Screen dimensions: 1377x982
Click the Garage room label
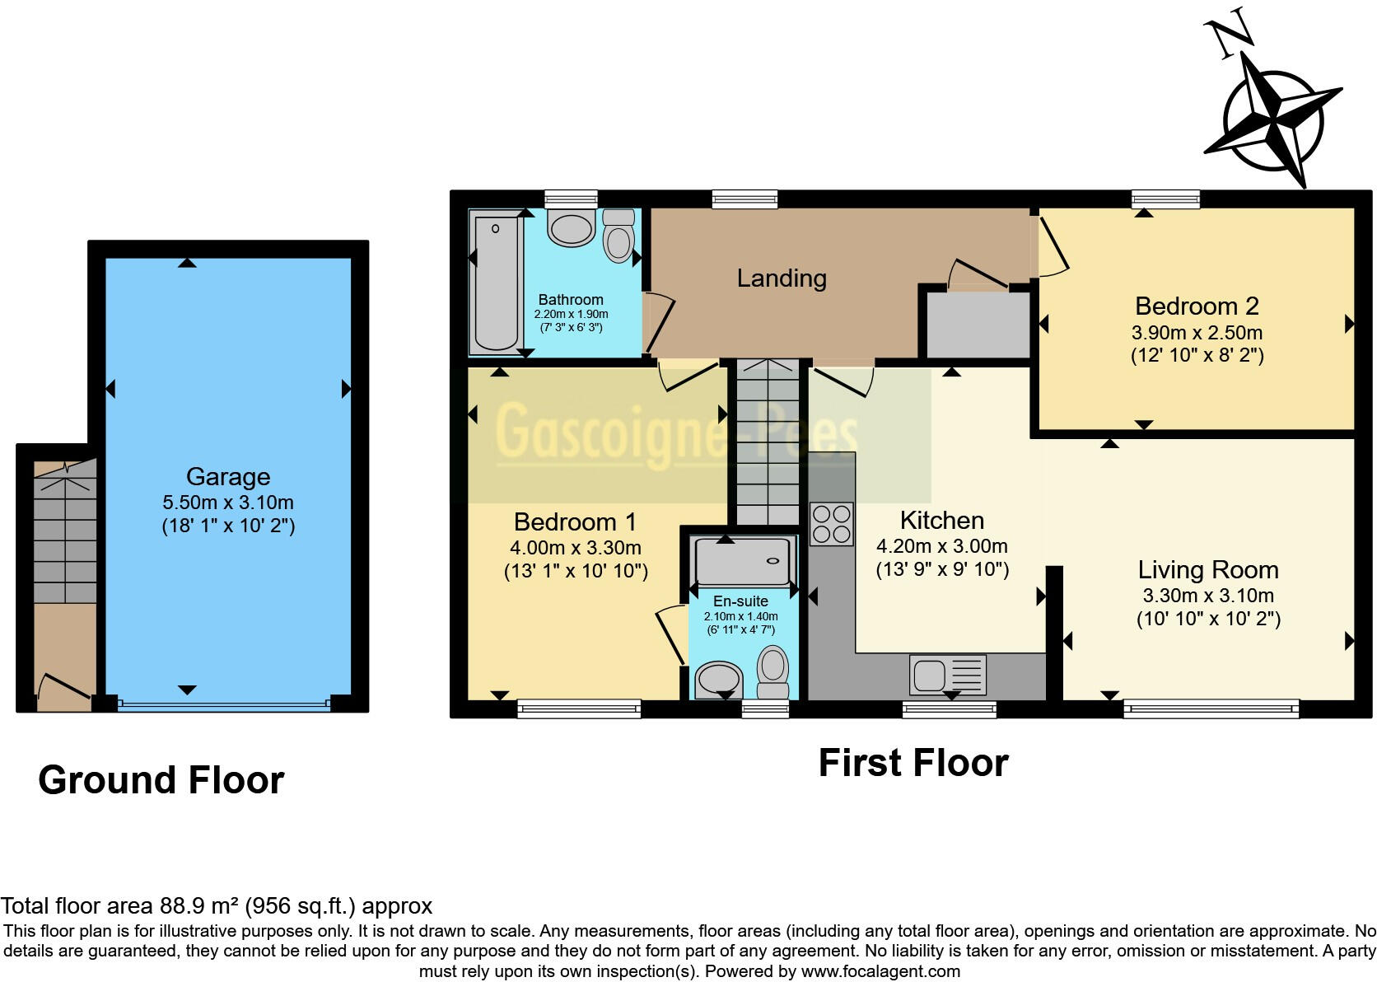click(228, 476)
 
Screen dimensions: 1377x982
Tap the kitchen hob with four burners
click(832, 524)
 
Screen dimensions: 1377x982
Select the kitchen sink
click(947, 675)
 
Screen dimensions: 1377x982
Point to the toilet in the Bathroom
click(618, 235)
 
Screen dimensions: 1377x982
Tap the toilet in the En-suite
click(773, 671)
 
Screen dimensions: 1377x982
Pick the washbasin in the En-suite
click(719, 680)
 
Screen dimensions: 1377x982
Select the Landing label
click(782, 278)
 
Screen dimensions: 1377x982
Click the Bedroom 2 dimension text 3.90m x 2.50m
click(1197, 333)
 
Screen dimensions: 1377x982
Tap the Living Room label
click(1208, 569)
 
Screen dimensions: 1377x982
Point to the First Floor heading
click(913, 763)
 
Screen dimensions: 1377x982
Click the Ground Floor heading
click(161, 779)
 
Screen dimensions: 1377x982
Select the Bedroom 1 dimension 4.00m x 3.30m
click(576, 547)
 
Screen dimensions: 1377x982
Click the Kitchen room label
click(942, 520)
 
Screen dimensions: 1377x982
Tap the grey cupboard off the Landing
click(978, 324)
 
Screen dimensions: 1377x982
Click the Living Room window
click(1211, 708)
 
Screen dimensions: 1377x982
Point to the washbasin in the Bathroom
click(571, 228)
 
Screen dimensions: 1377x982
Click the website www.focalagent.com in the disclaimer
click(881, 971)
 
